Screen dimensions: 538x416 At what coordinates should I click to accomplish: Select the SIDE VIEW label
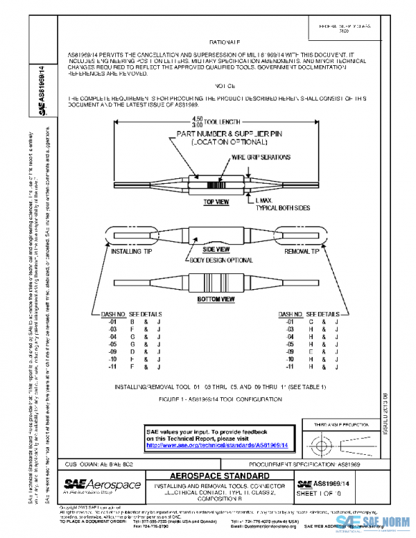click(215, 248)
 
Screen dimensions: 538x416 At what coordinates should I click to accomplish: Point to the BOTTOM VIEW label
click(215, 300)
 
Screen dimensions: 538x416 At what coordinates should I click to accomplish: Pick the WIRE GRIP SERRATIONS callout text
click(261, 157)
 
